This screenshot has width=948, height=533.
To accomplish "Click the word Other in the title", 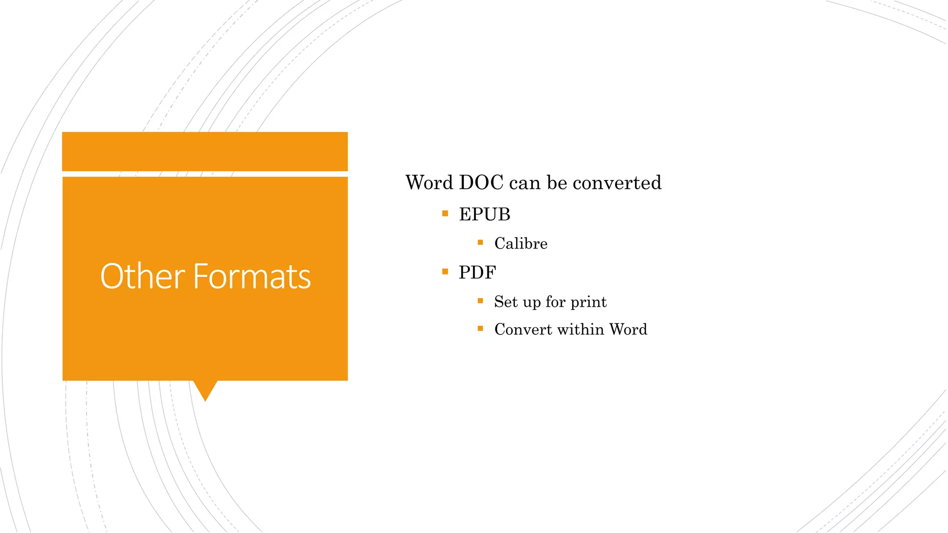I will click(x=143, y=276).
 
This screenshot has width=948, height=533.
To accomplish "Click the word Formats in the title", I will click(x=252, y=276).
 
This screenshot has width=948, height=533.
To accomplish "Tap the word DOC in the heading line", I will click(x=481, y=183).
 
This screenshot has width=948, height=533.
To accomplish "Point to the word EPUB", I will click(x=484, y=215).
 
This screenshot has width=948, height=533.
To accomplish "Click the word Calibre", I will click(x=521, y=243).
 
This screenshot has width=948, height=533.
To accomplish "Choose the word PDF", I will click(x=477, y=273).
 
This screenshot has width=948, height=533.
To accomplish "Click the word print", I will click(x=588, y=302).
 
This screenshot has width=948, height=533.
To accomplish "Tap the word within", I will click(x=581, y=329).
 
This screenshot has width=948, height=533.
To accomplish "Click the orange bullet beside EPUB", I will click(x=445, y=213).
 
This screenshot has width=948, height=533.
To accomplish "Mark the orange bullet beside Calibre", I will click(x=480, y=242).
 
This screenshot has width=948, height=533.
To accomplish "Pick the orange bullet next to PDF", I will click(x=445, y=272).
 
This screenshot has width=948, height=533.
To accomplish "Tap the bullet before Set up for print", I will click(x=480, y=301).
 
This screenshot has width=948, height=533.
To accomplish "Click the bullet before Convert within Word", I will click(x=480, y=328).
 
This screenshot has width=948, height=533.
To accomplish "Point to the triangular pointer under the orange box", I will click(x=205, y=390).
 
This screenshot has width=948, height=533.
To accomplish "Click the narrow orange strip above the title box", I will click(x=205, y=151).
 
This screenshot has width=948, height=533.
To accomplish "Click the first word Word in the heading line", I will click(x=429, y=183).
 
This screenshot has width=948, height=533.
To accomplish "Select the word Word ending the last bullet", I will click(x=628, y=329).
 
